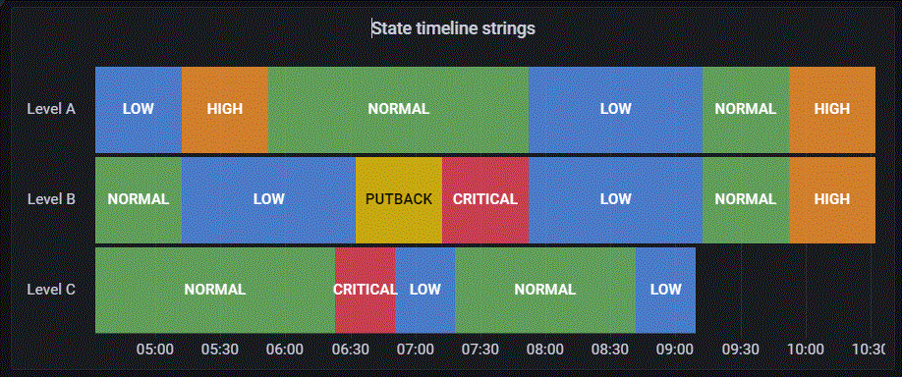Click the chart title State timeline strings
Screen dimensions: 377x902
point(453,28)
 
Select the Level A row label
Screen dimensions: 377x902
point(51,109)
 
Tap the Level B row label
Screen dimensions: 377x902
point(51,199)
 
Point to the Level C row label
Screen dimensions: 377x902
point(51,290)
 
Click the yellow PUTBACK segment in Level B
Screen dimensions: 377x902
point(398,199)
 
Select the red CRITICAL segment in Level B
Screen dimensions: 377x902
point(484,199)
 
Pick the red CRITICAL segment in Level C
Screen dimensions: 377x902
point(365,290)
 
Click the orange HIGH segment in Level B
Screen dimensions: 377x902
point(831,199)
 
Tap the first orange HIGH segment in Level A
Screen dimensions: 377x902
point(225,109)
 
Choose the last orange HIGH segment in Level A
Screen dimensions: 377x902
point(831,109)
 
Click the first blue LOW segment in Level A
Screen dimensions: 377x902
point(139,109)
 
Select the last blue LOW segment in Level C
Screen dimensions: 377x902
point(665,290)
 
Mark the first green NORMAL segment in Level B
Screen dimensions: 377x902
point(139,199)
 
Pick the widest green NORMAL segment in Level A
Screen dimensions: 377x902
point(398,109)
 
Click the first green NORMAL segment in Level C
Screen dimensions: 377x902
point(214,290)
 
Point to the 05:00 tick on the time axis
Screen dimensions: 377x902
point(155,349)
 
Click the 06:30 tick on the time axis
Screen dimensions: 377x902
point(350,349)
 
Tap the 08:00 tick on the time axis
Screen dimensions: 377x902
point(544,349)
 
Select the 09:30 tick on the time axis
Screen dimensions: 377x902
point(740,349)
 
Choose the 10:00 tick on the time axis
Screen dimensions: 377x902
point(805,349)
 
